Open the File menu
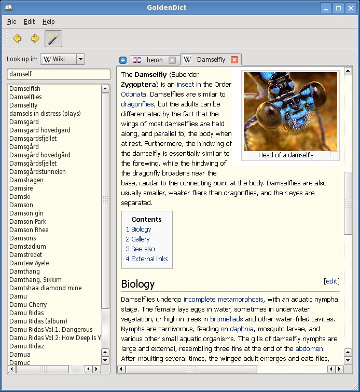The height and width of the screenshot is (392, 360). [11, 22]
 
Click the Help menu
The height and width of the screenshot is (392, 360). [48, 22]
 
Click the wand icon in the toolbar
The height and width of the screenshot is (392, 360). [53, 38]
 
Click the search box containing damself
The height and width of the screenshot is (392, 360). [58, 75]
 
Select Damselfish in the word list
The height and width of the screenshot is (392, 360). [25, 89]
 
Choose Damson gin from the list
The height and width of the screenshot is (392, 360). [26, 213]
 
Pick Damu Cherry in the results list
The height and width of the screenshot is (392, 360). [28, 305]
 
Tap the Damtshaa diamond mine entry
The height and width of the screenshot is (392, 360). [45, 288]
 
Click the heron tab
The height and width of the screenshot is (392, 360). [154, 60]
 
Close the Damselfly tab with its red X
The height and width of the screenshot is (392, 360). [234, 60]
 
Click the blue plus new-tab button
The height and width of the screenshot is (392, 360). [123, 60]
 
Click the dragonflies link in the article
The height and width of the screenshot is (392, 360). [137, 104]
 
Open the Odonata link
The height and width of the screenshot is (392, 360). [133, 94]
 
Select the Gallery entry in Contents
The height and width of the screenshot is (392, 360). [137, 239]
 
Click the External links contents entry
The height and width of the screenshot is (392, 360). [147, 259]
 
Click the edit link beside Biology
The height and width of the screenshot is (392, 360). [331, 281]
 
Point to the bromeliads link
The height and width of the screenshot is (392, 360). [227, 319]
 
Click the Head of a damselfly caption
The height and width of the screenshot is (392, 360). [286, 155]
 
